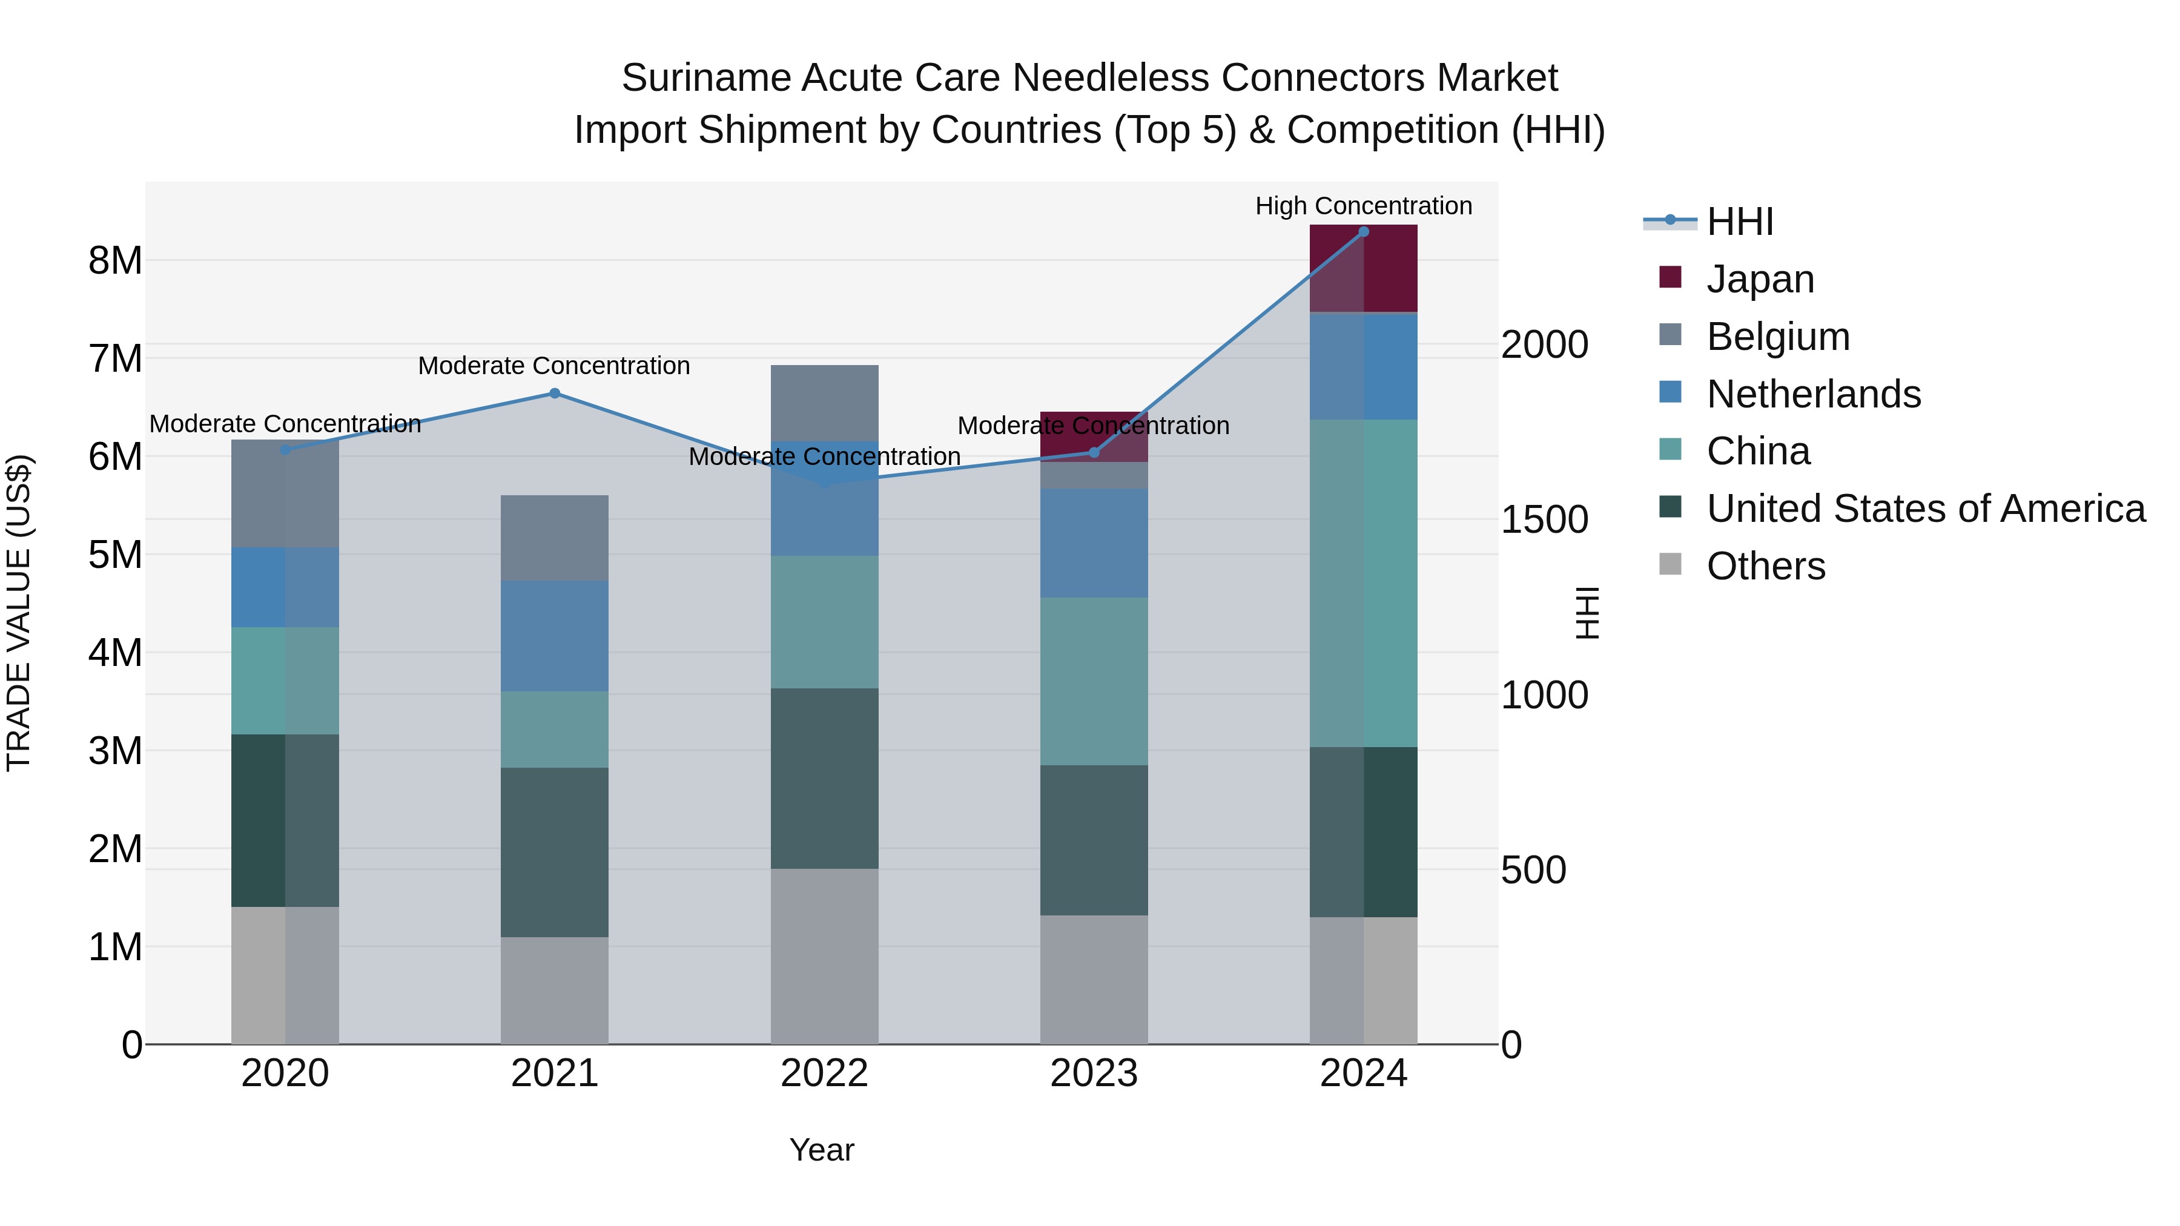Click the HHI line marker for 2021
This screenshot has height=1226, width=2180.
pyautogui.click(x=554, y=394)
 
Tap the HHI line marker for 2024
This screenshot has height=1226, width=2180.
pyautogui.click(x=1363, y=232)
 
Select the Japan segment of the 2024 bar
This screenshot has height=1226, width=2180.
pyautogui.click(x=1363, y=268)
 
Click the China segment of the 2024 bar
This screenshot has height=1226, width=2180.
pyautogui.click(x=1363, y=583)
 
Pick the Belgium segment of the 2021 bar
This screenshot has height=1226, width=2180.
pyautogui.click(x=554, y=538)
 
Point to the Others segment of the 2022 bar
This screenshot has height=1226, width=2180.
pyautogui.click(x=824, y=956)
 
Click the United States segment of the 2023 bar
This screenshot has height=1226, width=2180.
pyautogui.click(x=1094, y=840)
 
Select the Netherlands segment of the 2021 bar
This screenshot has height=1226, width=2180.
pyautogui.click(x=554, y=636)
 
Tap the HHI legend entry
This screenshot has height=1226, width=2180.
pyautogui.click(x=1739, y=222)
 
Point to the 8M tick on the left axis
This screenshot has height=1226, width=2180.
pyautogui.click(x=115, y=260)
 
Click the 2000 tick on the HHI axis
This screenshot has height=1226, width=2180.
pyautogui.click(x=1544, y=344)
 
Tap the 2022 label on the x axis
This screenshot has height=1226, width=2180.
pyautogui.click(x=824, y=1073)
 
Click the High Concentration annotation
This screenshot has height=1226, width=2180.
pyautogui.click(x=1363, y=206)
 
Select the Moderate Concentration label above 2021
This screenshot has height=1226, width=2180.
pyautogui.click(x=554, y=366)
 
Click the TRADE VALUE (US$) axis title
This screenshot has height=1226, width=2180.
pyautogui.click(x=19, y=613)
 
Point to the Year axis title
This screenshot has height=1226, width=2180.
pyautogui.click(x=822, y=1150)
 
